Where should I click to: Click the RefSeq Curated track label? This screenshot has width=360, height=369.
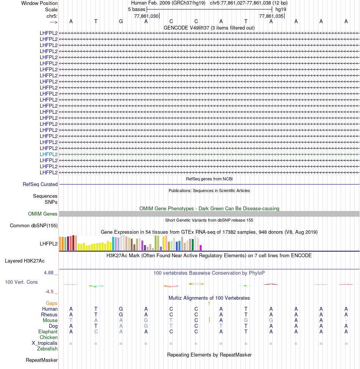click(40, 184)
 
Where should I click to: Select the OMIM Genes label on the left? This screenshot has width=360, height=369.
click(43, 214)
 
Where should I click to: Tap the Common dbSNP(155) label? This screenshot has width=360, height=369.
click(34, 226)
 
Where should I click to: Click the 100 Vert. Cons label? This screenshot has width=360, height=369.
click(21, 282)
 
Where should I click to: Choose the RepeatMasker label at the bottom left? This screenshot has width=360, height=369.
click(42, 360)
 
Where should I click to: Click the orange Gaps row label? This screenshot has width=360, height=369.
click(52, 303)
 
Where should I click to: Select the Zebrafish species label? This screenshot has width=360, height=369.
click(47, 349)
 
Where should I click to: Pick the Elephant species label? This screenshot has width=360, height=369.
click(48, 331)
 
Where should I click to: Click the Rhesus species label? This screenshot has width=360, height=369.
click(49, 314)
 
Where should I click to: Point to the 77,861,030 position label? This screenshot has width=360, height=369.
click(146, 16)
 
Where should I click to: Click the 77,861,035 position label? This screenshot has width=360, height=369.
click(271, 16)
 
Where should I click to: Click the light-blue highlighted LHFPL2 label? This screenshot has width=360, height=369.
click(49, 154)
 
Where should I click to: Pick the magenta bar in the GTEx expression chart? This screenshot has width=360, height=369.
click(201, 247)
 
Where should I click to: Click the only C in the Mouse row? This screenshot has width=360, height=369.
click(196, 320)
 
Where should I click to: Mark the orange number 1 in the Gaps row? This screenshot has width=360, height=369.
click(209, 303)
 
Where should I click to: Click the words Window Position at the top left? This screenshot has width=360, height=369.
click(39, 3)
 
